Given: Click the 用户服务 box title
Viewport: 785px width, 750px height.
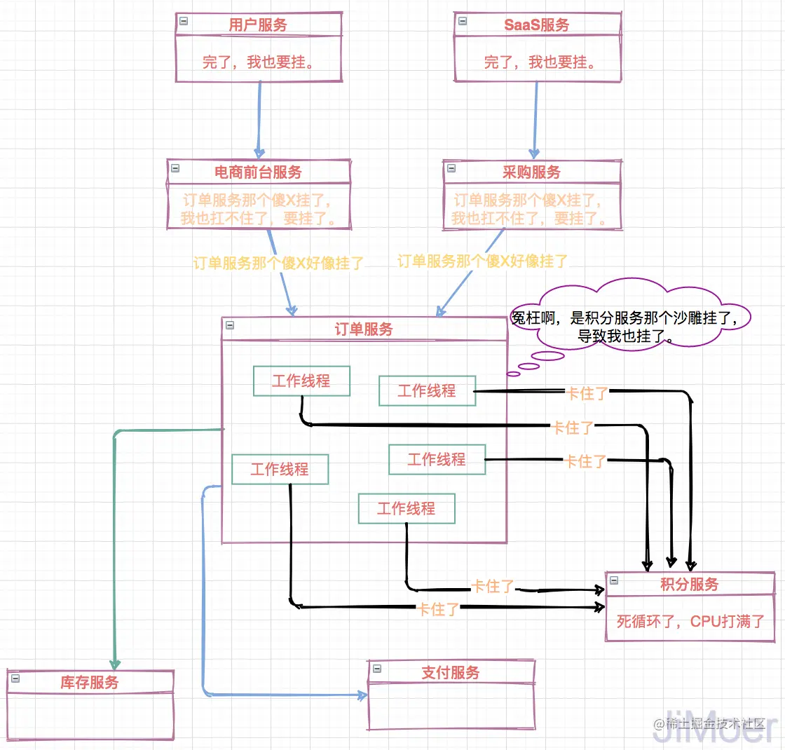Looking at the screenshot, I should [258, 25].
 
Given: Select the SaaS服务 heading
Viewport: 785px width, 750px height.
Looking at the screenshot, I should [537, 25].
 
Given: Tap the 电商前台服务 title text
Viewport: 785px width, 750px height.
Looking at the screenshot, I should [258, 172].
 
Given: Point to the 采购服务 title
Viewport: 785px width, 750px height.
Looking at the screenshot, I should [532, 172].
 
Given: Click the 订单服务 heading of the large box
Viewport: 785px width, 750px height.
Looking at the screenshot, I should [364, 329].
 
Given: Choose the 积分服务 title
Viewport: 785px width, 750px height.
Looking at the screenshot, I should [690, 585].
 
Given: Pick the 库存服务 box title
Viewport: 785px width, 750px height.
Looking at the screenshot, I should [90, 682].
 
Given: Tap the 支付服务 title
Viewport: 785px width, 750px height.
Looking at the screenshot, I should [451, 673].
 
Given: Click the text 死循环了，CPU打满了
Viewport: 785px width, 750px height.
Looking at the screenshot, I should [690, 621].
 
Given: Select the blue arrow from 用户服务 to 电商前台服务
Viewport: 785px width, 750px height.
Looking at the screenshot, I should [259, 119].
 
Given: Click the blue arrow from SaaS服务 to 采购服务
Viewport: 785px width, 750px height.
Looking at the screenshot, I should [536, 119].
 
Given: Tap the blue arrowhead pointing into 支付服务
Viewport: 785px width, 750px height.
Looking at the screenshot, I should [362, 695].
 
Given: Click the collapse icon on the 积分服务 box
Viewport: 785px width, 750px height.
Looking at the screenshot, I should [615, 580].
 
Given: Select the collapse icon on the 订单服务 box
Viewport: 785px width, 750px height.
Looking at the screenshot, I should [231, 325].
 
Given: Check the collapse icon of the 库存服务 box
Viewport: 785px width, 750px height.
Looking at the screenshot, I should [15, 678].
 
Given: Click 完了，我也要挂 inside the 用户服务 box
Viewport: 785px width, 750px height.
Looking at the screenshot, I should [258, 62].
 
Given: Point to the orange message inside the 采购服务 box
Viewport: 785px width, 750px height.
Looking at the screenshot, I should [532, 209].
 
